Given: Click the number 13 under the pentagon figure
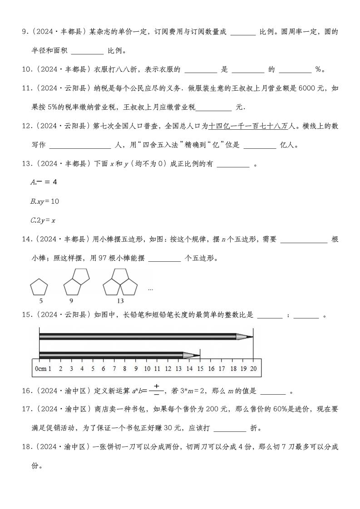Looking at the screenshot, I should [120, 301].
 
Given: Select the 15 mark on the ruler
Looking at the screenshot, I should [200, 369].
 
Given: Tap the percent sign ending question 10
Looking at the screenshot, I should [318, 70].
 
